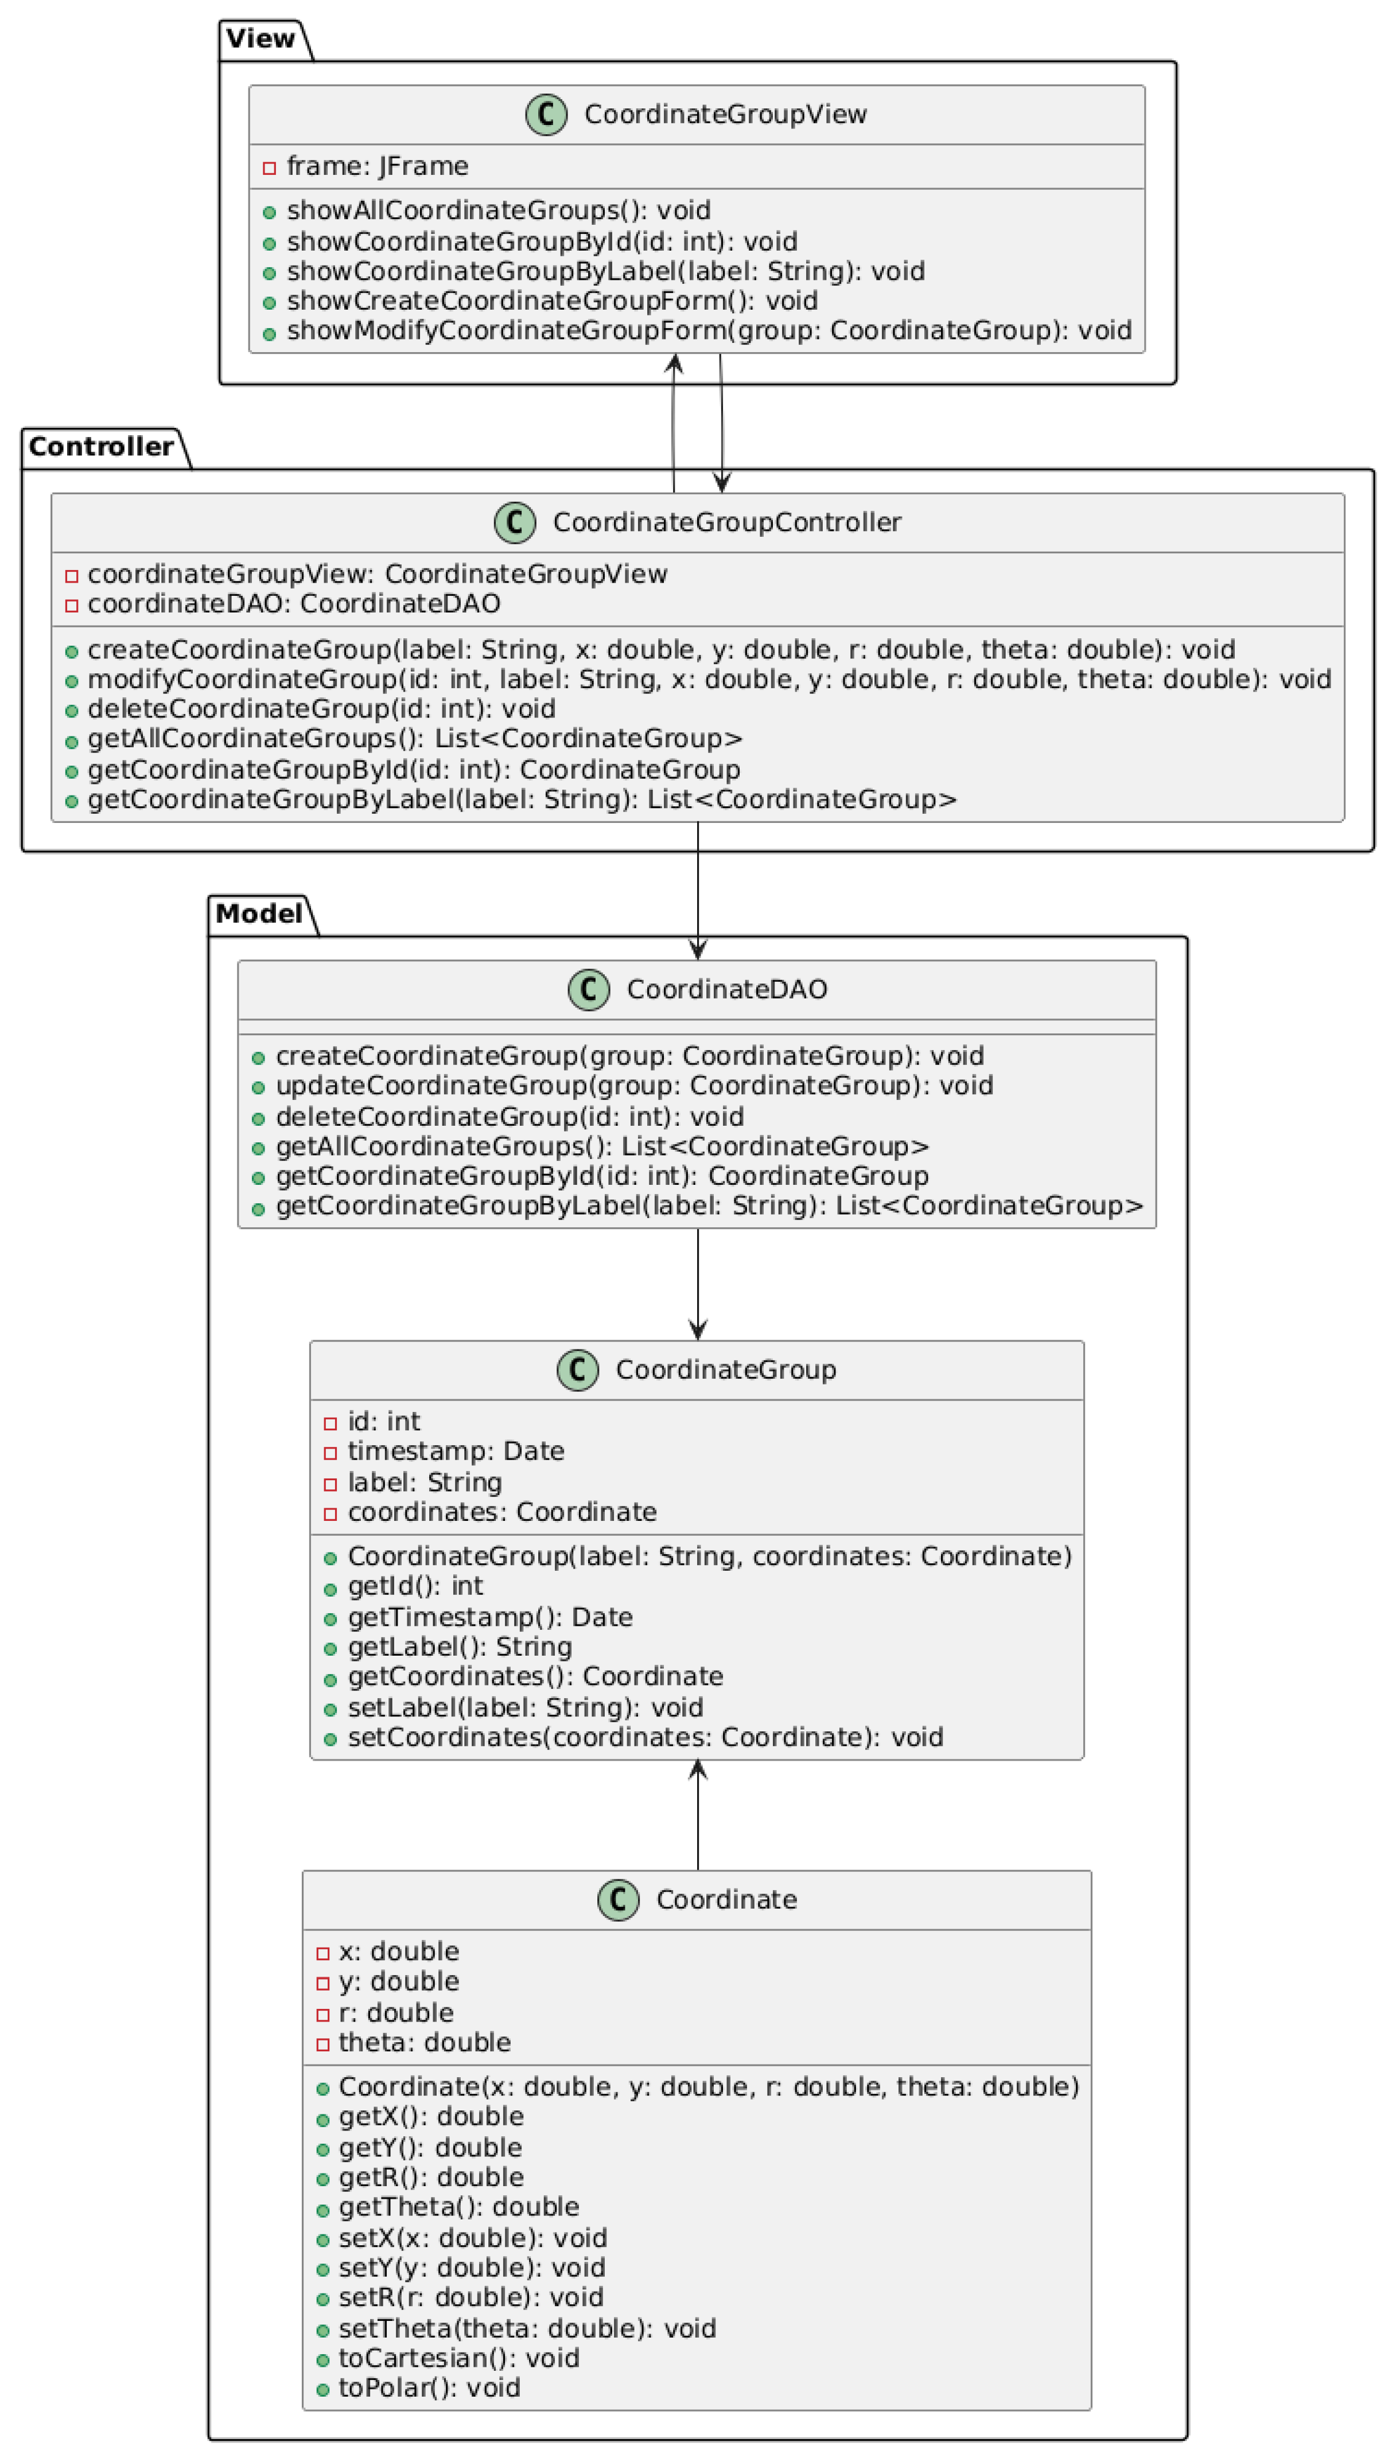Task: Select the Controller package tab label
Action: click(100, 447)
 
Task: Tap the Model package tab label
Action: click(259, 914)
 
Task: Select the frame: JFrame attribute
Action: click(377, 167)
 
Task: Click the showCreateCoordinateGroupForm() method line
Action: click(551, 301)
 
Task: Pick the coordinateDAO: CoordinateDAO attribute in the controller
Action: click(293, 604)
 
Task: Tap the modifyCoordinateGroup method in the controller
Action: click(707, 680)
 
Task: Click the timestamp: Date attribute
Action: click(456, 1451)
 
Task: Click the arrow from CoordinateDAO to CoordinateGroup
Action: click(698, 1284)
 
